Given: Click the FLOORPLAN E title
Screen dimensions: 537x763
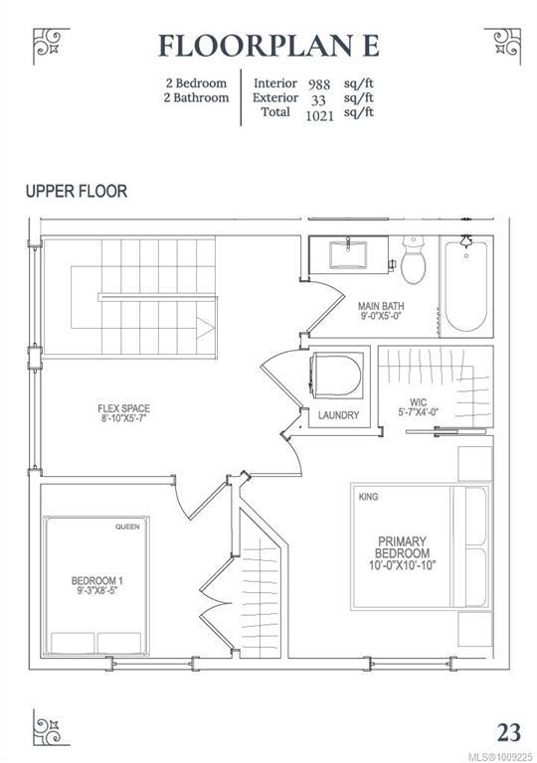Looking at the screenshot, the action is pyautogui.click(x=268, y=47).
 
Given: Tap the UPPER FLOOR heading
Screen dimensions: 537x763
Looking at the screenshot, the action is pyautogui.click(x=77, y=191).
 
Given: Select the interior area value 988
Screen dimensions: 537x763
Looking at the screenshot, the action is pyautogui.click(x=318, y=84).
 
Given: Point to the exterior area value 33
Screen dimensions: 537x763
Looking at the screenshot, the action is pyautogui.click(x=318, y=100).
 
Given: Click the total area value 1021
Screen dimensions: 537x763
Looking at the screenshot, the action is pyautogui.click(x=319, y=116).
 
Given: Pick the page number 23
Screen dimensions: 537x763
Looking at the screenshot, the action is pyautogui.click(x=509, y=732).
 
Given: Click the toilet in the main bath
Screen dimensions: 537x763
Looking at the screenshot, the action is pyautogui.click(x=414, y=260).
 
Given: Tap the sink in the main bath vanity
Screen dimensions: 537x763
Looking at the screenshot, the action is pyautogui.click(x=348, y=254).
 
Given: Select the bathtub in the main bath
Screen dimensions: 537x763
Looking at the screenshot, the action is pyautogui.click(x=465, y=286).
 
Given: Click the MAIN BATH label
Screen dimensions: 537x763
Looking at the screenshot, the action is pyautogui.click(x=381, y=307).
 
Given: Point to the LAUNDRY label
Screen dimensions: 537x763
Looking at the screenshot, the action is pyautogui.click(x=339, y=415).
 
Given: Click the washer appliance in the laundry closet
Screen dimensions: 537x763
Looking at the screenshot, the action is pyautogui.click(x=336, y=376).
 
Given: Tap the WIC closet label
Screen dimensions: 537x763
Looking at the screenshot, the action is pyautogui.click(x=418, y=402).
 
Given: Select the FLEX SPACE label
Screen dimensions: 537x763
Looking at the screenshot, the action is pyautogui.click(x=123, y=408).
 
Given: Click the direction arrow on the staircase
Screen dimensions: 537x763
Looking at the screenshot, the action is pyautogui.click(x=205, y=328).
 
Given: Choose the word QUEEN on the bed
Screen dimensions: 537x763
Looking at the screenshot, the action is pyautogui.click(x=127, y=527).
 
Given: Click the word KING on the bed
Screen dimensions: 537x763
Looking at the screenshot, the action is pyautogui.click(x=368, y=497).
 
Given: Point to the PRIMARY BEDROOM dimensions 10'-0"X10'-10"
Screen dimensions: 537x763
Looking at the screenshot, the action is pyautogui.click(x=402, y=565).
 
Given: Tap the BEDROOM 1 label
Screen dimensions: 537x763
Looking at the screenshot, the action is pyautogui.click(x=97, y=580).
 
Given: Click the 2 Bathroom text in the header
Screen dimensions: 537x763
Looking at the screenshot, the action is pyautogui.click(x=196, y=97).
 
